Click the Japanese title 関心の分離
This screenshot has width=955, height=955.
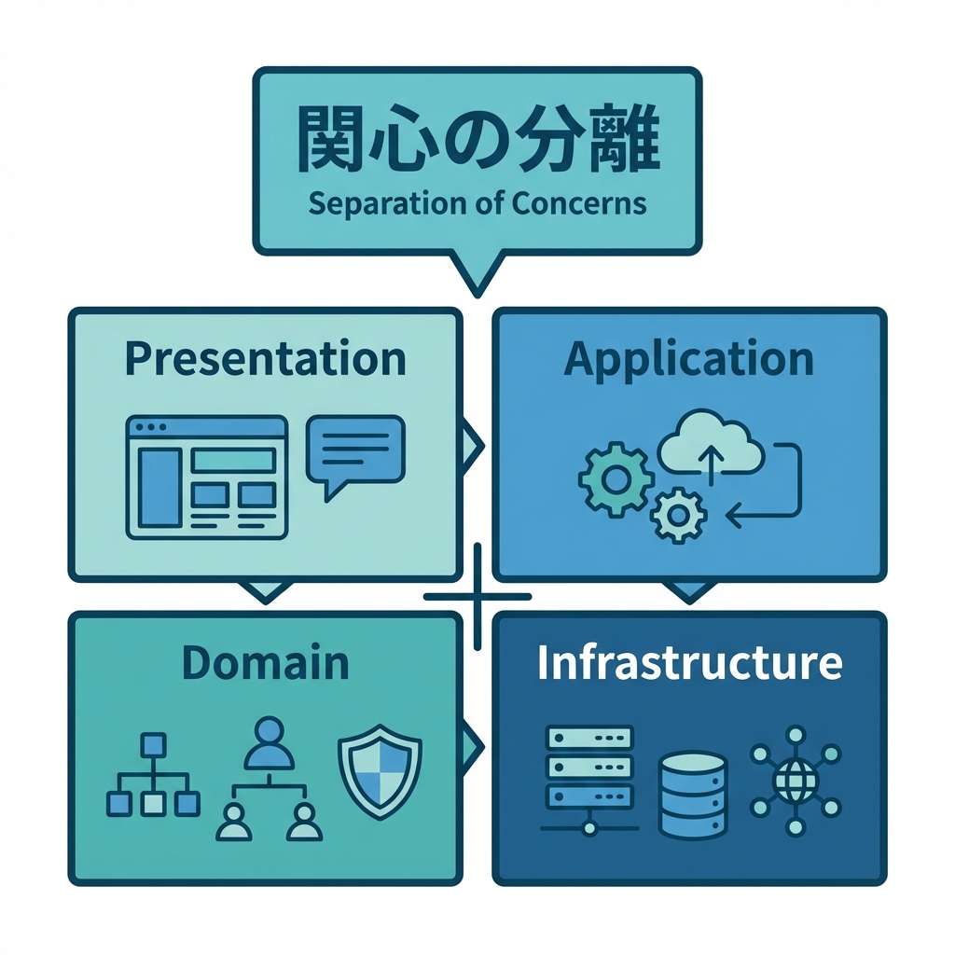point(477,141)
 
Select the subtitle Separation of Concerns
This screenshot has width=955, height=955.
point(477,202)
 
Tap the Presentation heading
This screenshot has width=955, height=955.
point(265,359)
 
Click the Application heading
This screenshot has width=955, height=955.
point(689,359)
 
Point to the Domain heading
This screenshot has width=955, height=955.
point(265,662)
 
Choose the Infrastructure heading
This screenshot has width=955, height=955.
point(689,662)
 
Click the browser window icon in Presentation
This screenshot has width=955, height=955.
point(206,477)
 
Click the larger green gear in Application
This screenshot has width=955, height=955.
point(615,480)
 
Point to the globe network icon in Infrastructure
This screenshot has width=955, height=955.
point(796,782)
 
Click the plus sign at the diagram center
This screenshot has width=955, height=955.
point(477,596)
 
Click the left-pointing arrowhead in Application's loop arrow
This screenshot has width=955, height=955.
point(733,512)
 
